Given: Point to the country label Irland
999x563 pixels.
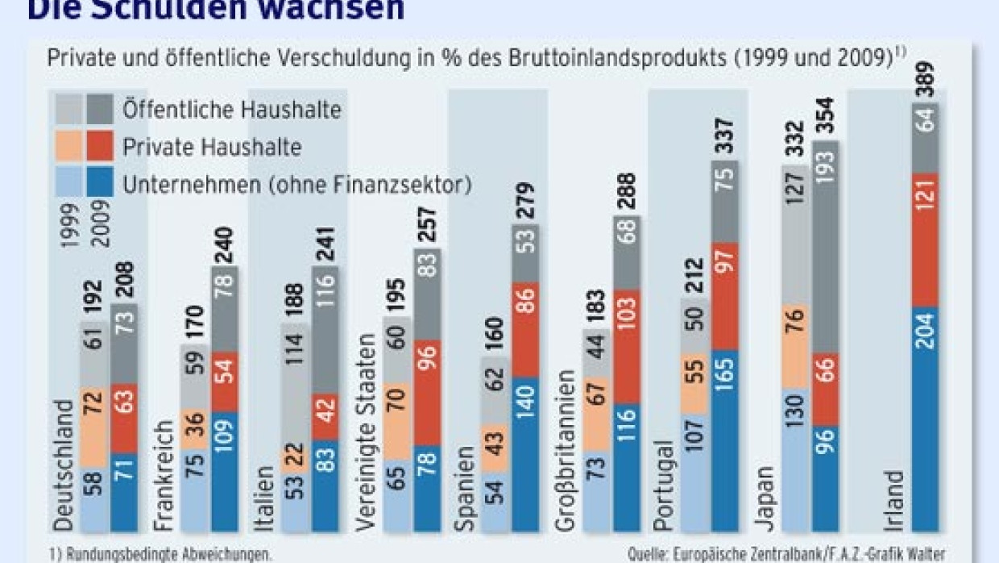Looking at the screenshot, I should click(x=893, y=501).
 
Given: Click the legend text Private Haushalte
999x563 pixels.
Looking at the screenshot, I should click(x=213, y=147).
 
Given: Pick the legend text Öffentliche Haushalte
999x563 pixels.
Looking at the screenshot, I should click(x=233, y=109).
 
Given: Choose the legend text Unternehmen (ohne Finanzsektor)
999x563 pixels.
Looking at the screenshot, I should click(x=296, y=185).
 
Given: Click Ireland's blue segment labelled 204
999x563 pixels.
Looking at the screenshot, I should click(x=927, y=419).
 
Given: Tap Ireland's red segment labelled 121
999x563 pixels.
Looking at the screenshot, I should click(x=927, y=240).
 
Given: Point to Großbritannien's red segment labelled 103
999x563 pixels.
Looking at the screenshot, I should click(x=628, y=346).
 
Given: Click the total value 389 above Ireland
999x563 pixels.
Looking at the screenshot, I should click(x=927, y=80).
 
